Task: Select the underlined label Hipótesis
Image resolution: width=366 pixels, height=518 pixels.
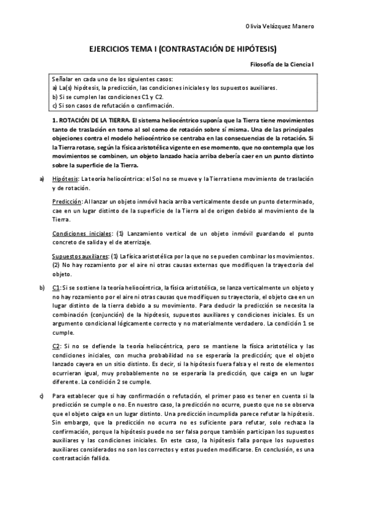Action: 66,178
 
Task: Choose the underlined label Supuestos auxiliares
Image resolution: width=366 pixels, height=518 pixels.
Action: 80,257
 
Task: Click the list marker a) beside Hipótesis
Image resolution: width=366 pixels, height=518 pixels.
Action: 42,178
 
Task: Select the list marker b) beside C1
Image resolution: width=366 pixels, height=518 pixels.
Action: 42,287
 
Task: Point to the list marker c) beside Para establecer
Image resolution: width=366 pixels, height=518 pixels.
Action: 42,398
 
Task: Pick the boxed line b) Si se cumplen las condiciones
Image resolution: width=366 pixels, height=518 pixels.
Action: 108,97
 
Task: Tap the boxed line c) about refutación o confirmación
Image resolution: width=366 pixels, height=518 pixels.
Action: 109,105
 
